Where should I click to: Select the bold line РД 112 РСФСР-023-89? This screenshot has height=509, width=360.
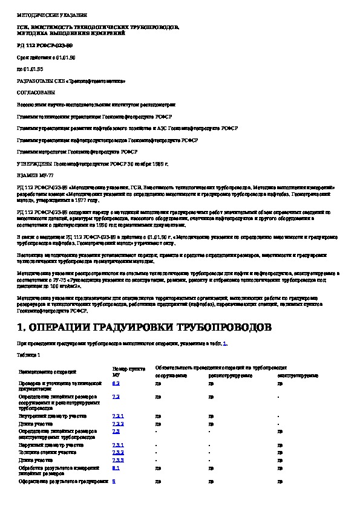tap(45, 45)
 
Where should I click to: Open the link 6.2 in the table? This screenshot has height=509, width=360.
tap(116, 383)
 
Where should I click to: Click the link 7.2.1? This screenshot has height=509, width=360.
tap(118, 417)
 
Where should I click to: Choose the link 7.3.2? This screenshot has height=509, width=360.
tap(118, 452)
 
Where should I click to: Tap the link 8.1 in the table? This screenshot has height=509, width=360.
tap(116, 467)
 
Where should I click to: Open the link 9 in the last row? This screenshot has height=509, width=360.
tap(114, 481)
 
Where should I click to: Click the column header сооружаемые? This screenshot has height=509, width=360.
tap(171, 375)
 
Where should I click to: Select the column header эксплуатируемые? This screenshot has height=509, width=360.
tap(298, 375)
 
